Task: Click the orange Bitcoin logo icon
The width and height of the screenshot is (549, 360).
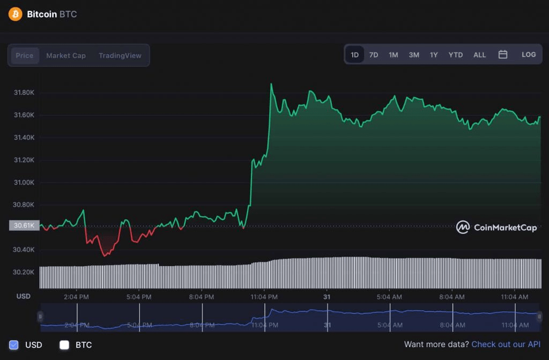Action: tap(15, 14)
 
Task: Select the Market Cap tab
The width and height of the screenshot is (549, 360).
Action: tap(66, 55)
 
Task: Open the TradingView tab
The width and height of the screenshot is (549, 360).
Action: tap(120, 55)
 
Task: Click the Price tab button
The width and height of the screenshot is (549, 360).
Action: tap(25, 55)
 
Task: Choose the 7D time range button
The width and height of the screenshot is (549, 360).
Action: tap(374, 55)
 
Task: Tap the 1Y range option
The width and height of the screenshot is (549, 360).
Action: tap(434, 55)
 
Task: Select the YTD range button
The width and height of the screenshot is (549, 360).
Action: tap(456, 55)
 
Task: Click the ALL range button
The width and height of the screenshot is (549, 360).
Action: tap(480, 55)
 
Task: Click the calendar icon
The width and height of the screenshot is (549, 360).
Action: tap(503, 54)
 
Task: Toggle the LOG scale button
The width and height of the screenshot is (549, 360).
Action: tap(529, 55)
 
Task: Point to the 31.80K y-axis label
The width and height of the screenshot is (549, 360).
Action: tap(24, 92)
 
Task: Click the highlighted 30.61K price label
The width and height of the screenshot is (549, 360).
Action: tap(24, 225)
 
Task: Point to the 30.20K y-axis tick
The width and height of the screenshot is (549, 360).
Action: tap(24, 272)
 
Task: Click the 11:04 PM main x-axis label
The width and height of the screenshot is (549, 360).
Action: tap(264, 296)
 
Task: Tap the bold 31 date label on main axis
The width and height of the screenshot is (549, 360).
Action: tap(326, 296)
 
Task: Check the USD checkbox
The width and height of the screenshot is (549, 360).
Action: tap(14, 344)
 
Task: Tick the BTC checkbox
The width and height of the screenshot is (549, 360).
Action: tap(64, 344)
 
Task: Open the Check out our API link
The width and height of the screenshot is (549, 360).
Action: tap(506, 344)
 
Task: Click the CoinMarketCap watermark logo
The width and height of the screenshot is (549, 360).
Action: tap(496, 227)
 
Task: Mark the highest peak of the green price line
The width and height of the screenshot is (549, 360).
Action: tap(271, 84)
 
